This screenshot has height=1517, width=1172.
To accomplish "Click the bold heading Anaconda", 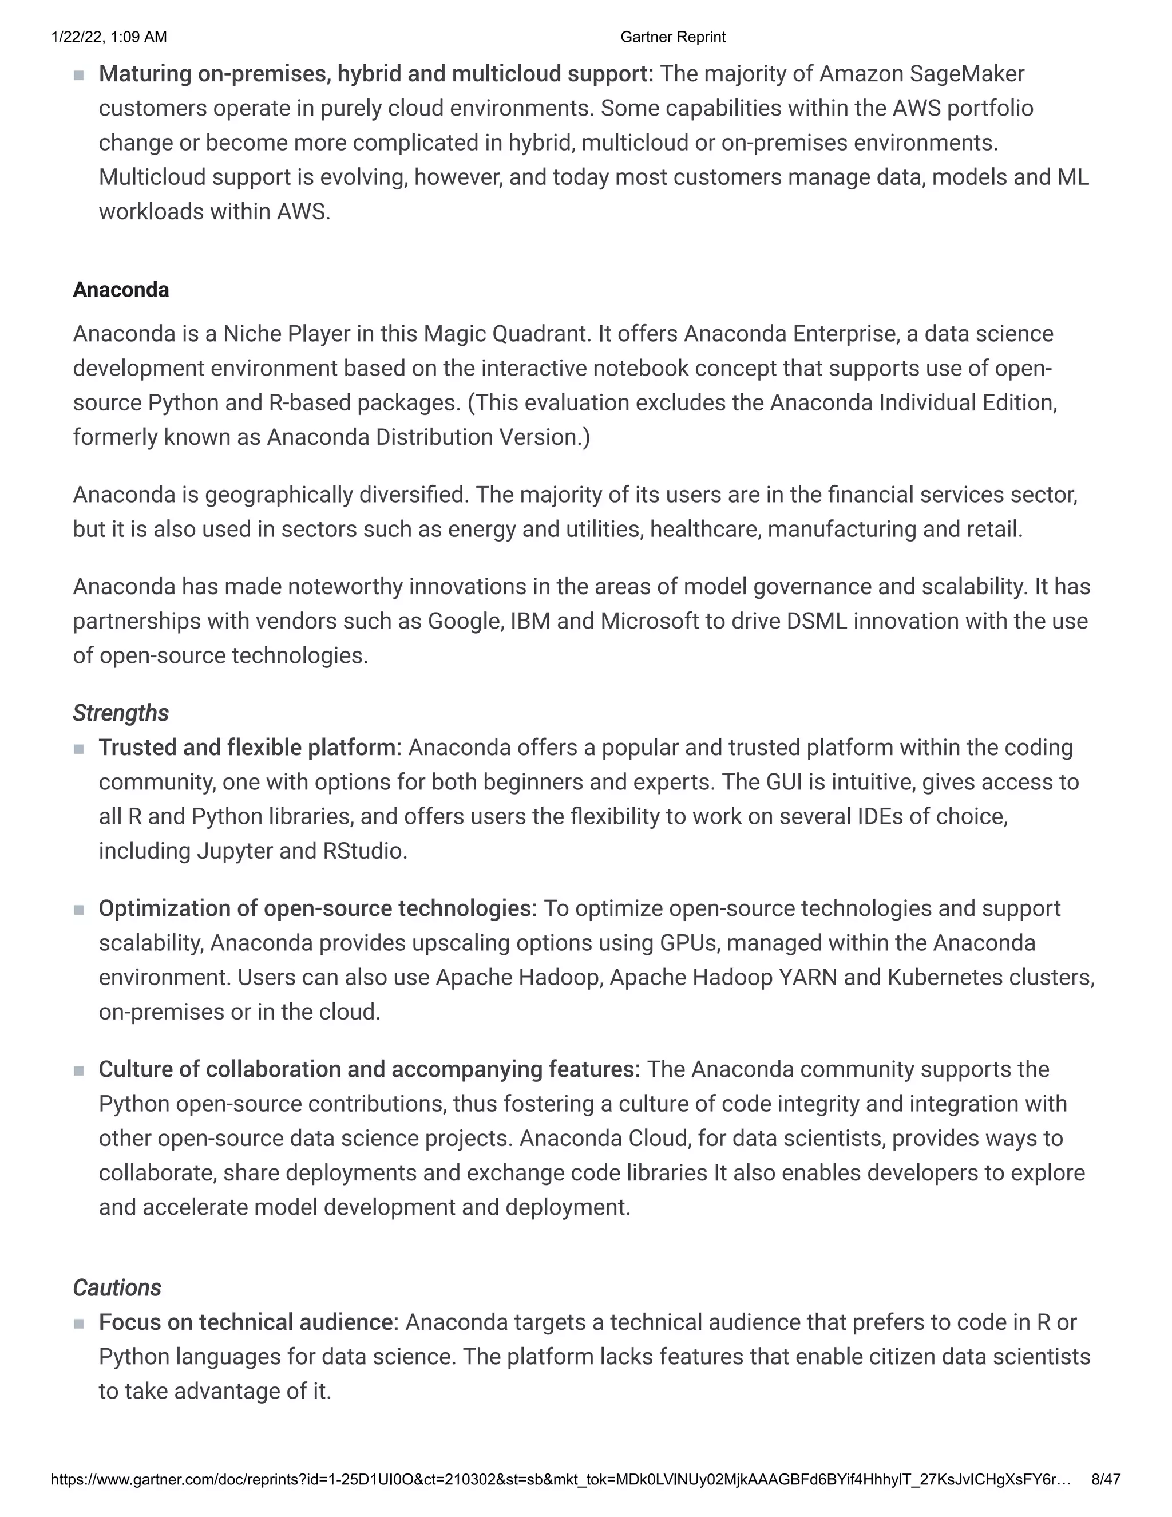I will click(x=121, y=290).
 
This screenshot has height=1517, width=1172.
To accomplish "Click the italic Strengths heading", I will click(x=121, y=713).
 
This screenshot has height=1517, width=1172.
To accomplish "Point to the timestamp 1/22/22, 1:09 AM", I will click(x=109, y=37).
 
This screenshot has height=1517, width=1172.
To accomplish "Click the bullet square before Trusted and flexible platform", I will click(x=78, y=749).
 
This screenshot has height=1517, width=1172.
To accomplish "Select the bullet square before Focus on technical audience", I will click(x=78, y=1323).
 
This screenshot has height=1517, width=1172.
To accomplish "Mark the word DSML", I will click(x=817, y=621).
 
